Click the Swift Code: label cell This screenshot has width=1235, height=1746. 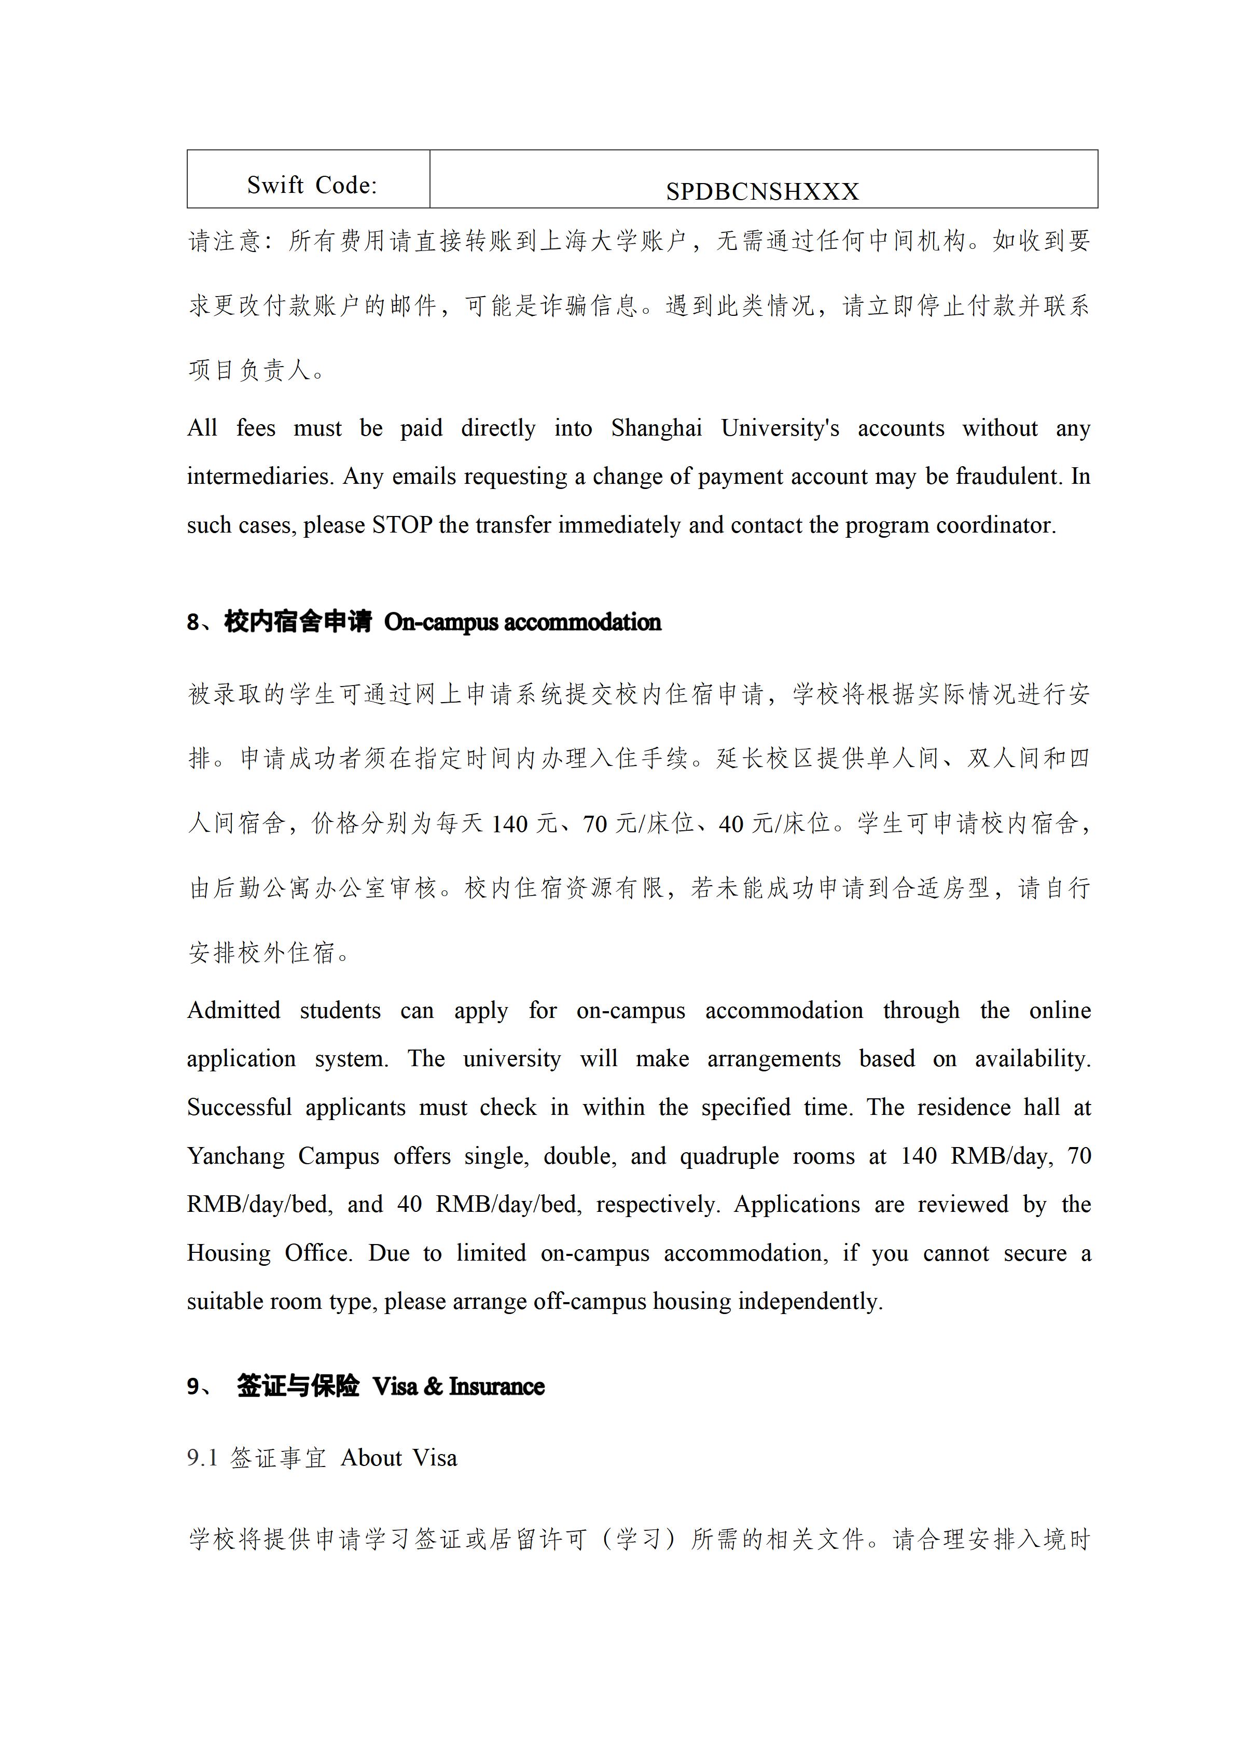pyautogui.click(x=312, y=185)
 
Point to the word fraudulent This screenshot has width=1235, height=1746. pyautogui.click(x=1008, y=476)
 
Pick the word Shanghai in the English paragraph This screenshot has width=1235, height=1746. pyautogui.click(x=656, y=428)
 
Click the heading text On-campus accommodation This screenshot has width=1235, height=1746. pyautogui.click(x=522, y=622)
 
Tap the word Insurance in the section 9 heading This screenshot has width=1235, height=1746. pyautogui.click(x=496, y=1386)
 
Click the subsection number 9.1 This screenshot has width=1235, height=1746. pyautogui.click(x=202, y=1458)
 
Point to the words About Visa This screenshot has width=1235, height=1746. pyautogui.click(x=398, y=1458)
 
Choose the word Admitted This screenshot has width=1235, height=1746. pyautogui.click(x=233, y=1011)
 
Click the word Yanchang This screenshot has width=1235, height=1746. pyautogui.click(x=236, y=1156)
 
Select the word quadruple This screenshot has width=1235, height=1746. pyautogui.click(x=729, y=1156)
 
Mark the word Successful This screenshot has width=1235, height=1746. pyautogui.click(x=239, y=1107)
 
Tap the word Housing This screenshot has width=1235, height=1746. pyautogui.click(x=228, y=1253)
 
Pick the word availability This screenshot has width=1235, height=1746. pyautogui.click(x=1032, y=1059)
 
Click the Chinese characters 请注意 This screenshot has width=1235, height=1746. pyautogui.click(x=225, y=242)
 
